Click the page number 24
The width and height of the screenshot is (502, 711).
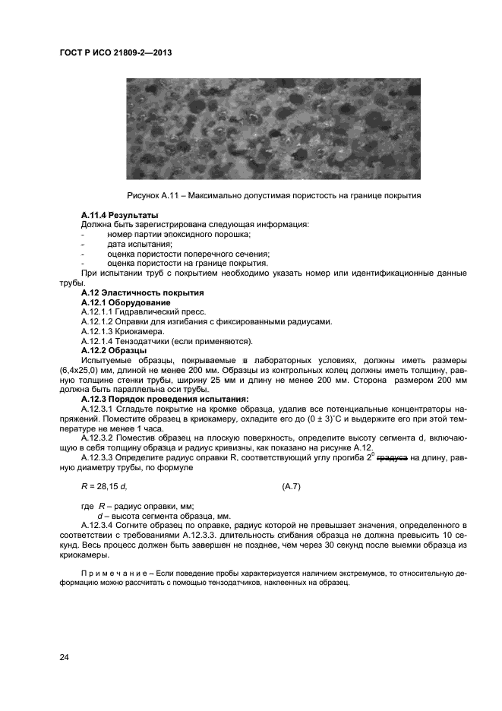click(65, 658)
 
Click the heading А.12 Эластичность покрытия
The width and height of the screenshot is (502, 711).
click(143, 292)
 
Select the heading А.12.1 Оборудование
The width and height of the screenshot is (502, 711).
click(125, 302)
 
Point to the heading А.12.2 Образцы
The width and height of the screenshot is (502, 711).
click(114, 350)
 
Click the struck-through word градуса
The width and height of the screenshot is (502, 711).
click(392, 458)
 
